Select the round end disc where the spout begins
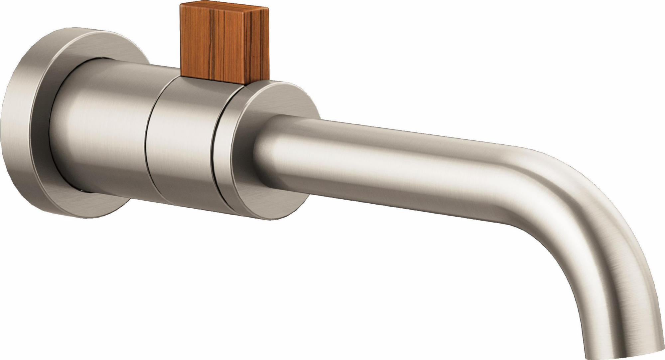tap(246, 156)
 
